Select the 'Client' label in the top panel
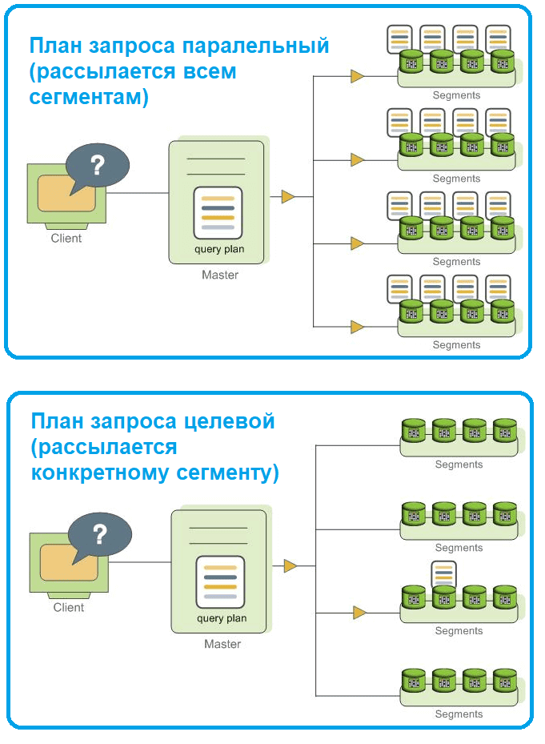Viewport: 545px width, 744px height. (x=66, y=238)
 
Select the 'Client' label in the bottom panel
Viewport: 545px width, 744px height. (x=69, y=607)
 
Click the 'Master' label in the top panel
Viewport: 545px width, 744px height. (x=220, y=275)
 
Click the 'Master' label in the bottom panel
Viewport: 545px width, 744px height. (x=222, y=644)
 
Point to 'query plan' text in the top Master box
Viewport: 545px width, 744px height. (x=219, y=249)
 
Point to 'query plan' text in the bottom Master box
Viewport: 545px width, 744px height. (x=222, y=618)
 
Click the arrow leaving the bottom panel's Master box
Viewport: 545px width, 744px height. (x=291, y=566)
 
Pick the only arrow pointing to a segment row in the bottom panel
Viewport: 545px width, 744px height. (x=359, y=613)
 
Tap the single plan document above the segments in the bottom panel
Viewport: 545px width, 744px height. (x=443, y=573)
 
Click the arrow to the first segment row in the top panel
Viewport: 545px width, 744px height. (x=357, y=77)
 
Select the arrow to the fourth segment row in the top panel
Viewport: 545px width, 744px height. (x=357, y=327)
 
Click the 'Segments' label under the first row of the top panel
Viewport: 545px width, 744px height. (x=456, y=95)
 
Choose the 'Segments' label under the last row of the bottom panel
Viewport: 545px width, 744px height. (x=459, y=714)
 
